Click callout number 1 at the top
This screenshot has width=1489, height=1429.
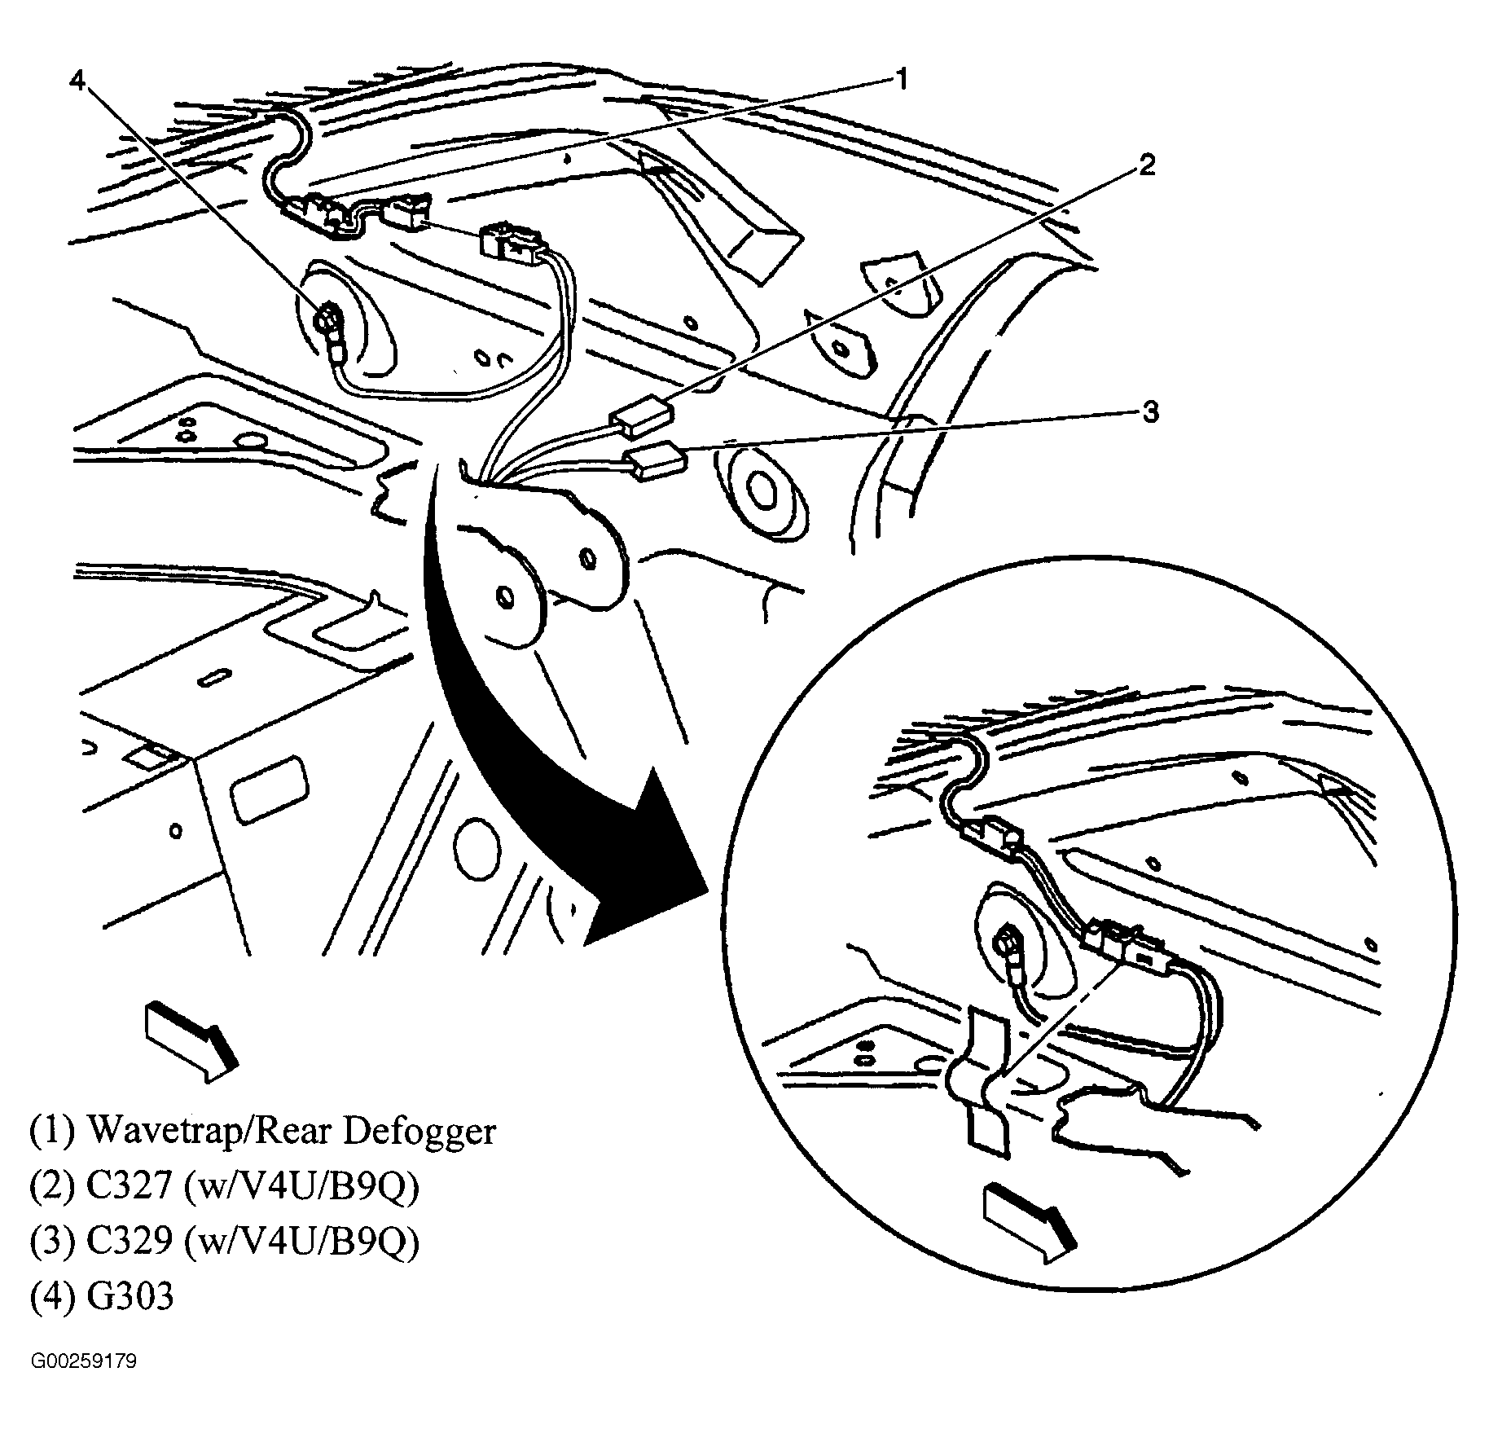[x=899, y=79]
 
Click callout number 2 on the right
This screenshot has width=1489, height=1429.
[x=1146, y=166]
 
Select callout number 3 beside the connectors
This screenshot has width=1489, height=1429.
[x=1150, y=413]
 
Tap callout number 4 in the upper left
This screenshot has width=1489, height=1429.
[x=78, y=79]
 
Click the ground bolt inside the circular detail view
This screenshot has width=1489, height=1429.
[x=1008, y=943]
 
